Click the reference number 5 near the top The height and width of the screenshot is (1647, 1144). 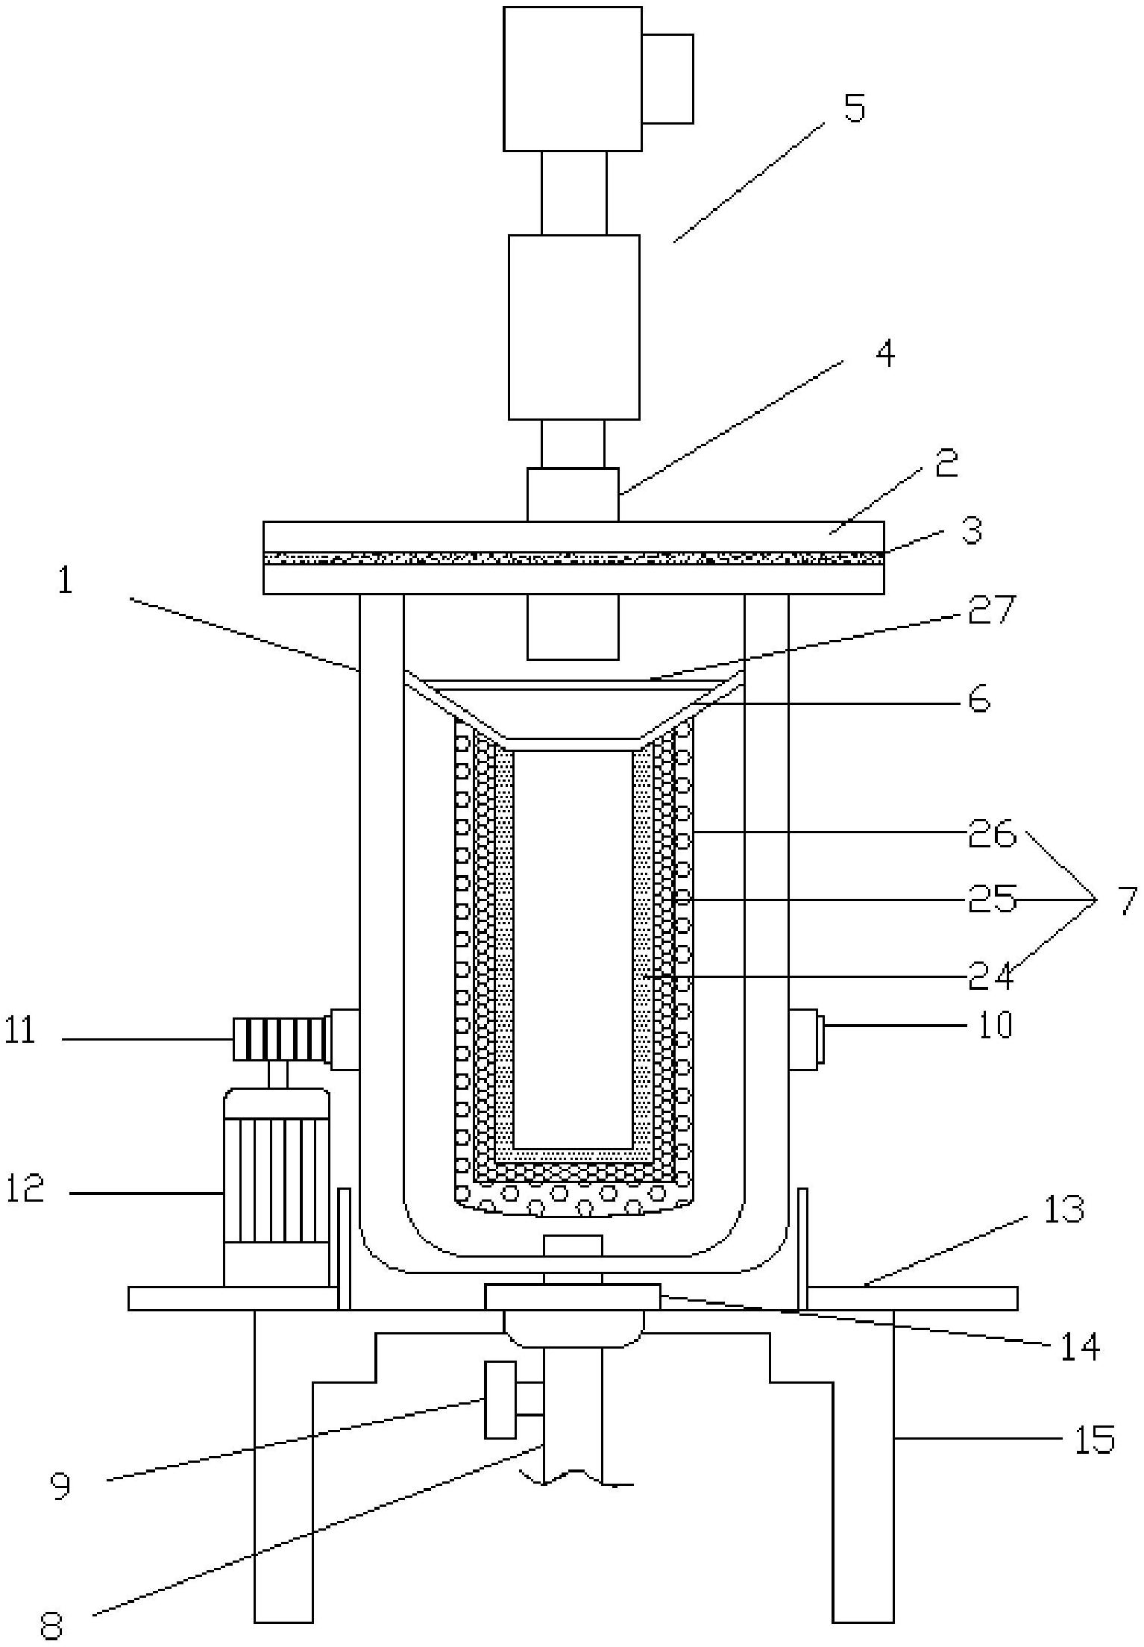[x=854, y=108]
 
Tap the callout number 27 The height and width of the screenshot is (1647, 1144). [x=992, y=609]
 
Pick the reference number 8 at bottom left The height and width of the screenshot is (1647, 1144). [x=51, y=1626]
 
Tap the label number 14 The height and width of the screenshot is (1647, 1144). [x=1079, y=1346]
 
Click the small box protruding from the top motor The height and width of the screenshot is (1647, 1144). [x=667, y=78]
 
